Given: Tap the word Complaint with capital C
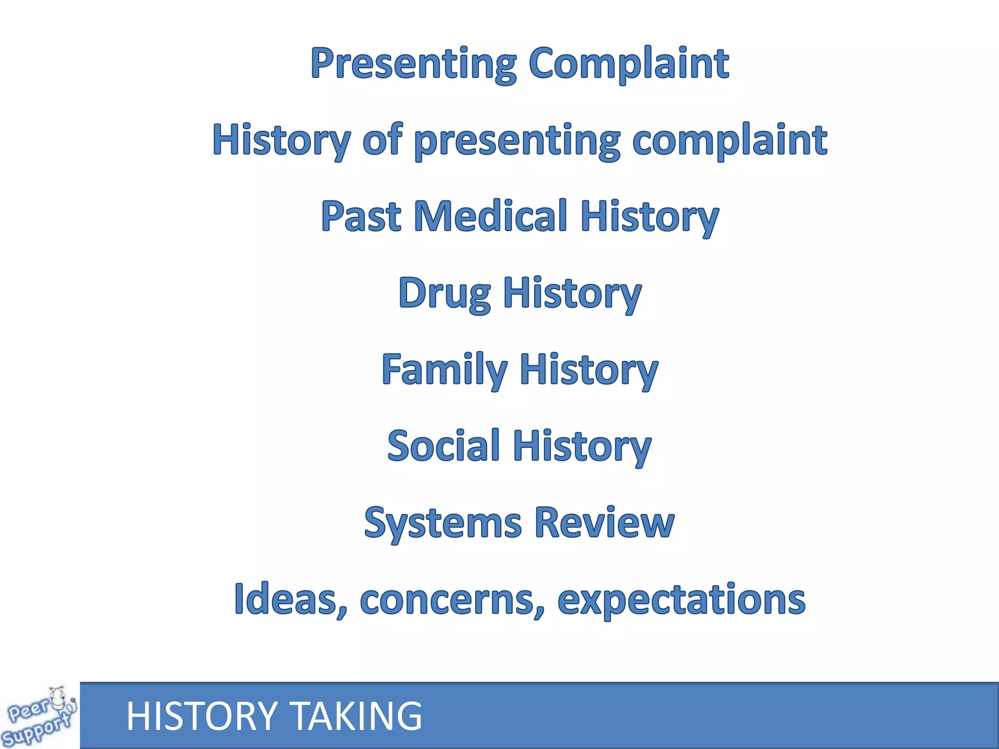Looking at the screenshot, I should tap(629, 64).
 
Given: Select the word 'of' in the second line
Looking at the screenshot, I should tap(382, 140).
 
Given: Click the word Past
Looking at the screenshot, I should tap(361, 217).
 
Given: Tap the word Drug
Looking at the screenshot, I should tap(444, 294).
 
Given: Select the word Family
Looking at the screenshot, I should tap(444, 370).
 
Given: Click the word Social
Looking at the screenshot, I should tap(443, 446).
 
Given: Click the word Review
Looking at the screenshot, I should tap(604, 522).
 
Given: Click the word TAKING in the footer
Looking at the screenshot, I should tap(358, 716).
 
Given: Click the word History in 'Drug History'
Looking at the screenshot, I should tap(572, 294).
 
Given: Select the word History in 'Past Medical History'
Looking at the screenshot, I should tap(649, 217).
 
